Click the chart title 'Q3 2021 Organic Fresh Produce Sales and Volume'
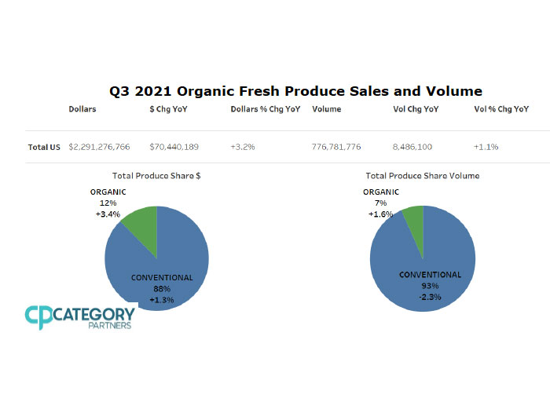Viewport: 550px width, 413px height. pos(295,91)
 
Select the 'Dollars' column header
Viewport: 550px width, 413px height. pos(82,109)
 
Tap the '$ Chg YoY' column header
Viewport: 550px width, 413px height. pos(168,109)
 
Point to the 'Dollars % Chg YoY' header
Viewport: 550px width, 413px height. pos(266,109)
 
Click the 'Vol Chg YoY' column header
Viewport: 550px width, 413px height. pos(415,109)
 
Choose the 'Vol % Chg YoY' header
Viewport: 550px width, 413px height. pos(501,109)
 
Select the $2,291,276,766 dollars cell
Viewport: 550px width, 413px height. pos(100,147)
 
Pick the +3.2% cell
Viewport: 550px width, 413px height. pos(243,147)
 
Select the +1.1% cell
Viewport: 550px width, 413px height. pos(486,147)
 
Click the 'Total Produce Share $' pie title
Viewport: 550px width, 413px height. pos(156,175)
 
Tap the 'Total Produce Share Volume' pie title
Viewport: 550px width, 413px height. pos(422,175)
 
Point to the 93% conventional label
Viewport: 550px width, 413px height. pos(430,285)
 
